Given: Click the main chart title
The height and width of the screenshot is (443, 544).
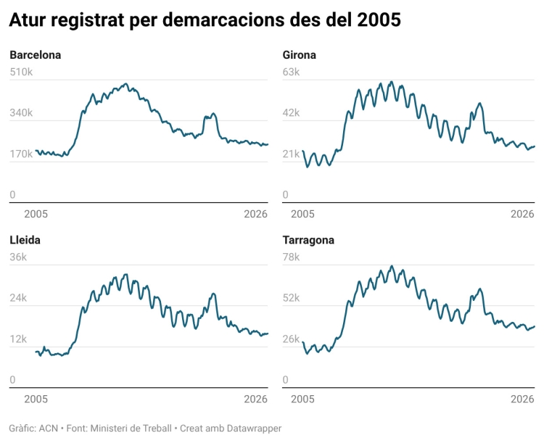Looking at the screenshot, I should pos(205,21).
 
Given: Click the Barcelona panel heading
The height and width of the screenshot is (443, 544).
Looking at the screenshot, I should pos(35,55).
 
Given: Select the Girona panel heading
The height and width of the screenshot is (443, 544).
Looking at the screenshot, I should pos(299,55).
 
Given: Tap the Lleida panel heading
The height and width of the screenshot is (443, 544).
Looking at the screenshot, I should pos(25,240).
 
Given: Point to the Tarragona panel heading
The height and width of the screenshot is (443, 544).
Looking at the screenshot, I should pos(308,240).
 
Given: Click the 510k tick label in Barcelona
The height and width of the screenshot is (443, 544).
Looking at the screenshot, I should pos(21,73).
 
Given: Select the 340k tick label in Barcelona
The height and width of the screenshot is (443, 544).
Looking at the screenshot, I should pos(21,113).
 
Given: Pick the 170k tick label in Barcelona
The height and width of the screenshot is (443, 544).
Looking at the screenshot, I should pos(21,154).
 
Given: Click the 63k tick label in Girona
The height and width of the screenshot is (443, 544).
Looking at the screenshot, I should pos(290,73).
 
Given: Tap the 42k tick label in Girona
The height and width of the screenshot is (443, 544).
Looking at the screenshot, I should pos(290,113).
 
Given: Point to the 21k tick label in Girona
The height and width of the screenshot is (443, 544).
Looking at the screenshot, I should pos(290,154).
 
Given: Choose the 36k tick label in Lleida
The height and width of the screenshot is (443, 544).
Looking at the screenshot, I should pos(18,257).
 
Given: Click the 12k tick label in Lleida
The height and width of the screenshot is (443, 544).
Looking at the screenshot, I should pos(18,339).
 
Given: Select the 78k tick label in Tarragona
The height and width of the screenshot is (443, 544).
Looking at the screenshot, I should pos(290,257).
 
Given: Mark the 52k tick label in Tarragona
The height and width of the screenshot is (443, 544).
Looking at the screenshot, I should pos(290,298).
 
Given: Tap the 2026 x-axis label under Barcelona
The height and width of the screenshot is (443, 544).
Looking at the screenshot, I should pos(256,214).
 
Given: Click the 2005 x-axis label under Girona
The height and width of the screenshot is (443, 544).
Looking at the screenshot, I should pos(302,214).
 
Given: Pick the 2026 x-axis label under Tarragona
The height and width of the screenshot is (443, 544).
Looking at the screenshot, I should pos(523,399).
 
